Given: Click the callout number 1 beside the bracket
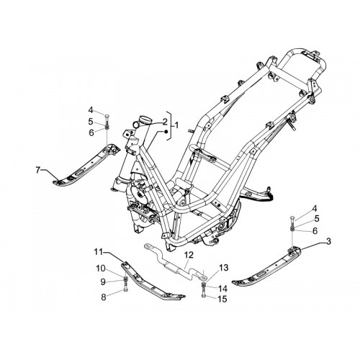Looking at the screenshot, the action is pos(176,125).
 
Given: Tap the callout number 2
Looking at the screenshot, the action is pos(165,122).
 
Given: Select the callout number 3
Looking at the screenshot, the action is pos(328,241).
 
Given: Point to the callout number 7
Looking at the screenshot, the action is pos(37,170).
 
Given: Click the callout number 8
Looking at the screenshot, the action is pos(104,297).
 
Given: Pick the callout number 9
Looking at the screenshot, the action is pos(103,282).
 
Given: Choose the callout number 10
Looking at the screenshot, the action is pos(101,269).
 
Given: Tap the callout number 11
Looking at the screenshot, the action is pos(99,252).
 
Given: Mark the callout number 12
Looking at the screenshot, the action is pos(189,255).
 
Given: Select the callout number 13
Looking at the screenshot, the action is pos(224,268).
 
